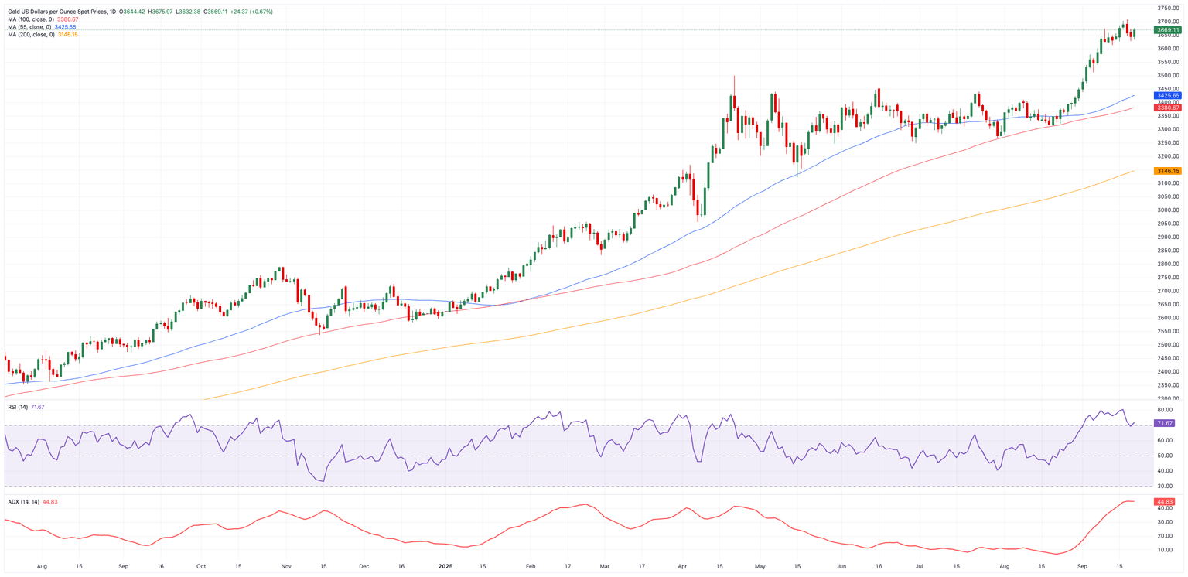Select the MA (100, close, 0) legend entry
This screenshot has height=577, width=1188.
click(31, 19)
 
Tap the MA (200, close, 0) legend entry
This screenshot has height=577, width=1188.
click(31, 35)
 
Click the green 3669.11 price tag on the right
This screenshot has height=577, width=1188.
click(1167, 30)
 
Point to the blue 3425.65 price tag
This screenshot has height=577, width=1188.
click(1167, 95)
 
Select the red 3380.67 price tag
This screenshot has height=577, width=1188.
click(1167, 108)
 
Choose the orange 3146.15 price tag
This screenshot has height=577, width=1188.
click(1167, 171)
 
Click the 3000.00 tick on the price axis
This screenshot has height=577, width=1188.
click(1167, 210)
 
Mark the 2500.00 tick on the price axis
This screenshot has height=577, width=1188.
click(1167, 345)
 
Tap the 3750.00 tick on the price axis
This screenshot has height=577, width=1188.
click(1167, 9)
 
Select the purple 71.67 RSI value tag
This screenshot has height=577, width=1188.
click(1164, 423)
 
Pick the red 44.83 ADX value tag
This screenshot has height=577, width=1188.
click(1164, 502)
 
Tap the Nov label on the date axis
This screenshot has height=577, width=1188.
click(285, 566)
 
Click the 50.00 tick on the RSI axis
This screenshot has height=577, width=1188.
click(1166, 456)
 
